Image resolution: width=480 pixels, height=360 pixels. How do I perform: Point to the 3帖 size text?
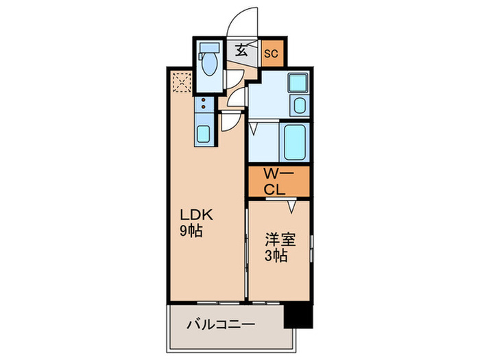click(x=276, y=256)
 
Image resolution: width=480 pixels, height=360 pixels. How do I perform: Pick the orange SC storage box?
click(x=271, y=52)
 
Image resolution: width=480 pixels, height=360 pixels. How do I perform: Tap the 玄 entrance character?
click(x=243, y=49)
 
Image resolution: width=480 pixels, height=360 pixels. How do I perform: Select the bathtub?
click(x=295, y=141)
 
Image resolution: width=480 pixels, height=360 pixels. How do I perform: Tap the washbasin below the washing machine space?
click(x=299, y=106)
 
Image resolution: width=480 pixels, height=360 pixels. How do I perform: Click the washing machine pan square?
click(x=298, y=84)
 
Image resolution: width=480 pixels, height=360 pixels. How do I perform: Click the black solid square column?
click(x=298, y=317)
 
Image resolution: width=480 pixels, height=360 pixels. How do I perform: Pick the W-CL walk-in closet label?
click(x=278, y=182)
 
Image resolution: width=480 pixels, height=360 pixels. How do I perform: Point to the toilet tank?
click(x=208, y=49)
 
